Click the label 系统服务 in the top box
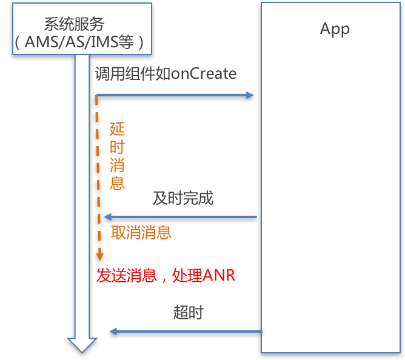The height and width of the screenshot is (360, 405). click(74, 24)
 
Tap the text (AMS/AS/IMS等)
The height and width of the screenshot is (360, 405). click(80, 43)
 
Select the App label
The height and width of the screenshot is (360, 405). click(335, 29)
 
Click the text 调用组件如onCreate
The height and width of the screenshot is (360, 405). click(166, 74)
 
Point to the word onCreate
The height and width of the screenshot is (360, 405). click(204, 74)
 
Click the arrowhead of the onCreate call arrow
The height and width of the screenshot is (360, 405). click(250, 95)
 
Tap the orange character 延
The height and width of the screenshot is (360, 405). click(117, 129)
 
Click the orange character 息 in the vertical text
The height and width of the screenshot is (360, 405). click(117, 182)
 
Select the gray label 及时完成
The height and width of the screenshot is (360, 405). click(183, 198)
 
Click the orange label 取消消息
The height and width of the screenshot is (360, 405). click(141, 233)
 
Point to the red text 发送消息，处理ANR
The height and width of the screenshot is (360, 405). click(166, 276)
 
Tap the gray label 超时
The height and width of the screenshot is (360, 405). click(188, 313)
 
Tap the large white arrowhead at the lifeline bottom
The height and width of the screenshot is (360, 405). click(82, 345)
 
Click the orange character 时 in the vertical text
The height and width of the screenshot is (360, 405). click(117, 147)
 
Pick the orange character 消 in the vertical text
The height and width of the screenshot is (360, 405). click(117, 165)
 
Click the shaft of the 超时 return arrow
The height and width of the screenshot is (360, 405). click(188, 331)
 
